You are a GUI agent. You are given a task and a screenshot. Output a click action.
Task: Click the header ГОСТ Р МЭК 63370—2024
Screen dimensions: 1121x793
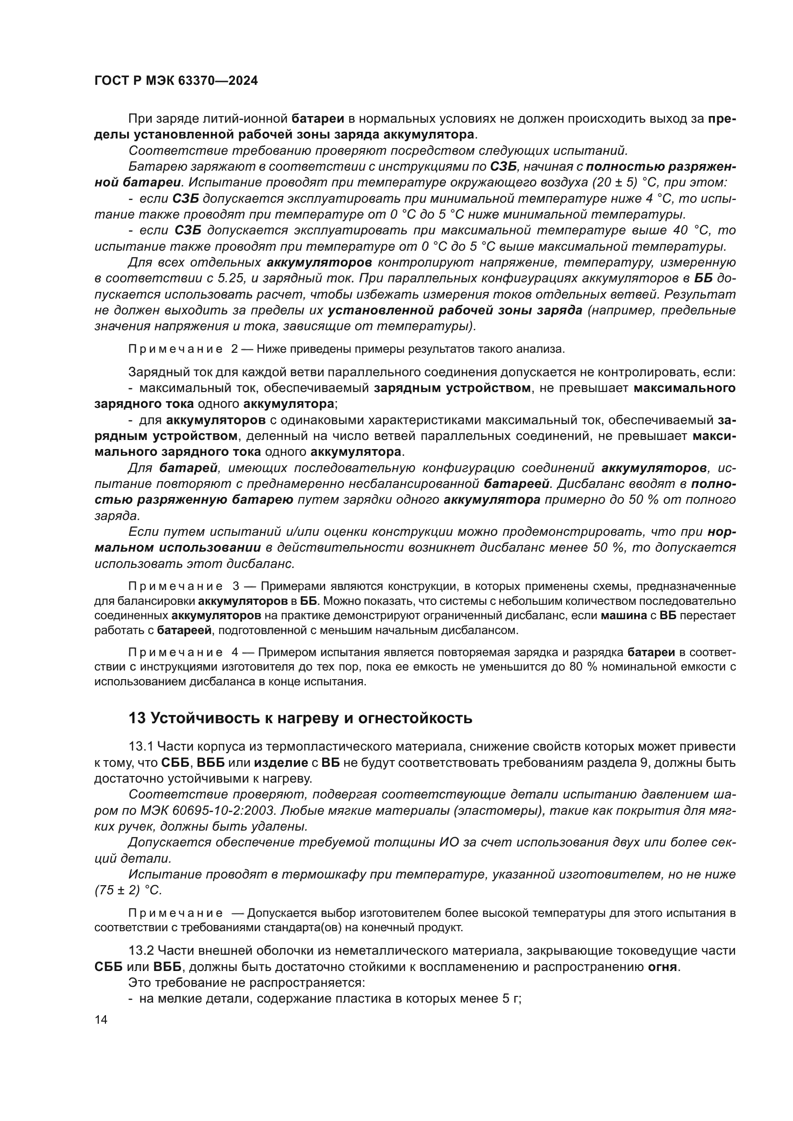[176, 81]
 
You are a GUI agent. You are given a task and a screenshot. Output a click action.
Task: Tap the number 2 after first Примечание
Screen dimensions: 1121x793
[234, 349]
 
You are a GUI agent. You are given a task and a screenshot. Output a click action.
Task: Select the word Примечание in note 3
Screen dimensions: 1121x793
[175, 586]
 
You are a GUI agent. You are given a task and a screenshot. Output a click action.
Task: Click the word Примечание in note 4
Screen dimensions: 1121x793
[175, 653]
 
